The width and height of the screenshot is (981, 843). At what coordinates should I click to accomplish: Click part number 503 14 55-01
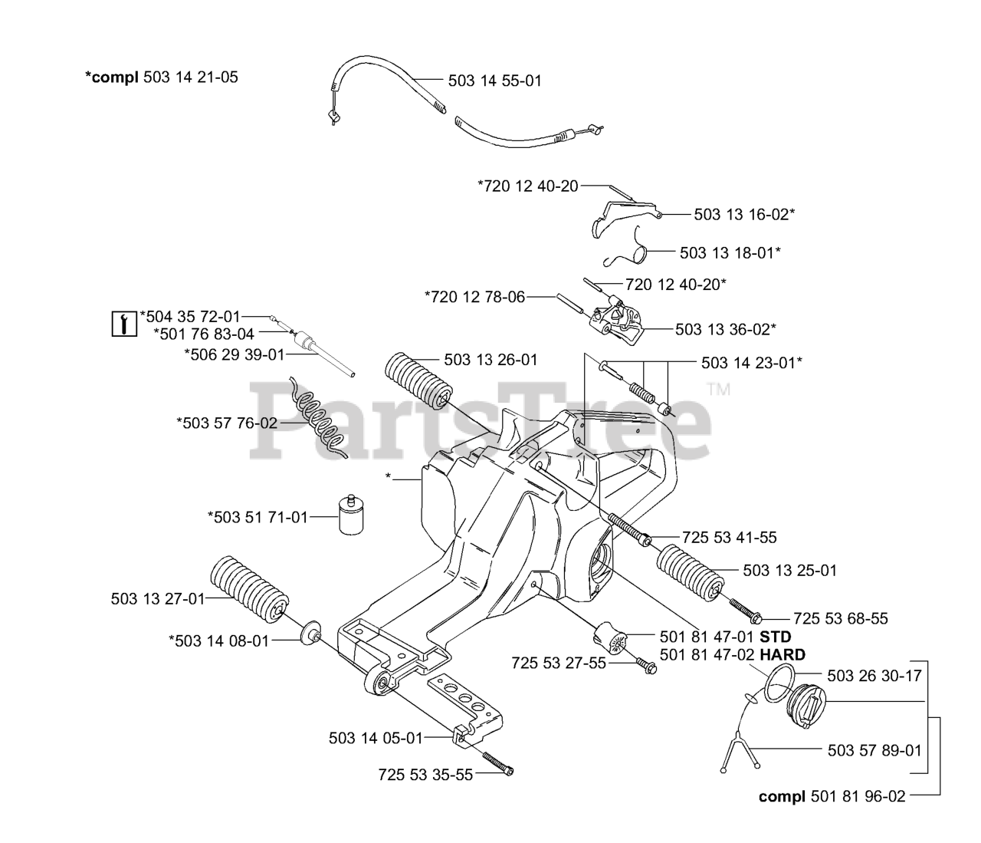coord(494,81)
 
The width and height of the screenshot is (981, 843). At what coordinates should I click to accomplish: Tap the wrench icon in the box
coord(123,323)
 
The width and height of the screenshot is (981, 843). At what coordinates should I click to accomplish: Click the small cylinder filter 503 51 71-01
coord(349,517)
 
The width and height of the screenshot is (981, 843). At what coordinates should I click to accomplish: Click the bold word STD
coord(775,637)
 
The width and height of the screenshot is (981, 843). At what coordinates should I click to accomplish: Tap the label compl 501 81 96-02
coord(832,797)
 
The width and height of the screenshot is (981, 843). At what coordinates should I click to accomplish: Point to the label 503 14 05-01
coord(376,738)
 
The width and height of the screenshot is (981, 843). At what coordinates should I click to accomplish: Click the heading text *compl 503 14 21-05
coord(161,77)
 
